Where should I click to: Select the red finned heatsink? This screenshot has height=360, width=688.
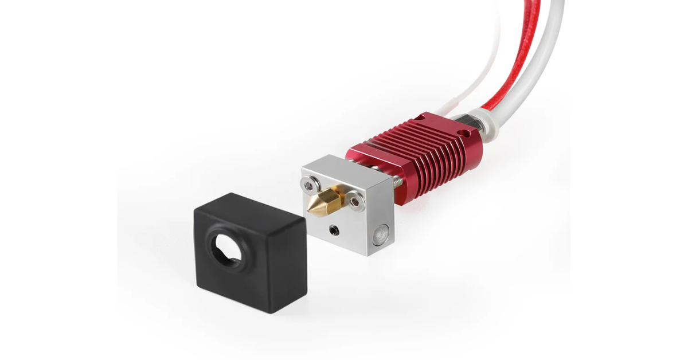click(424, 155)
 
